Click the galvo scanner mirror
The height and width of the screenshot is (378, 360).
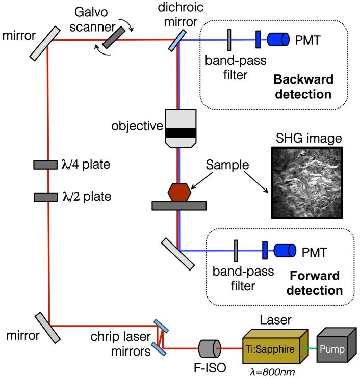[112, 38]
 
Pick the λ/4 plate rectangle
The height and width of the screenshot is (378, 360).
[45, 165]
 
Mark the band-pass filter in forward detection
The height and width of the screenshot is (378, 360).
[237, 251]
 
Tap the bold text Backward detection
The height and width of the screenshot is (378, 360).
[303, 87]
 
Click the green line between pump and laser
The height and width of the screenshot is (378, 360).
[312, 348]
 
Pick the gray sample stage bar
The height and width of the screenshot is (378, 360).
[179, 206]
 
